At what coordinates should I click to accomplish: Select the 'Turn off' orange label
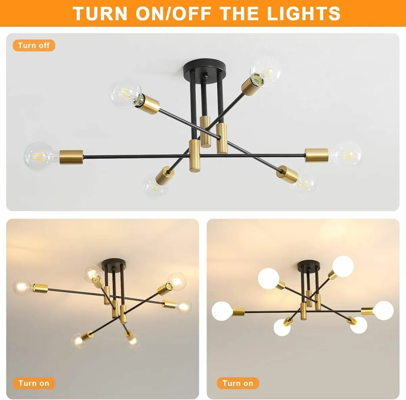(x=34, y=45)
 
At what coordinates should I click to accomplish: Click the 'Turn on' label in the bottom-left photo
(x=34, y=383)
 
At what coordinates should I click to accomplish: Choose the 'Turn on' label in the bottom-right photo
(x=238, y=383)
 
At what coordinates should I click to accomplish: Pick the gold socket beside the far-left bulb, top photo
(x=71, y=157)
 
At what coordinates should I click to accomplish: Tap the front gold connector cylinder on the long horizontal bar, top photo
(x=194, y=156)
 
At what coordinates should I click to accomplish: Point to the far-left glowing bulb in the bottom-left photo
(x=22, y=288)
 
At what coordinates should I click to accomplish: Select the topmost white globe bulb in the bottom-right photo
(x=343, y=267)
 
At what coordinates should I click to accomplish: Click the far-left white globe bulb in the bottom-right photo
(x=222, y=312)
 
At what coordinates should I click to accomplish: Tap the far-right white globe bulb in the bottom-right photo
(x=384, y=310)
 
